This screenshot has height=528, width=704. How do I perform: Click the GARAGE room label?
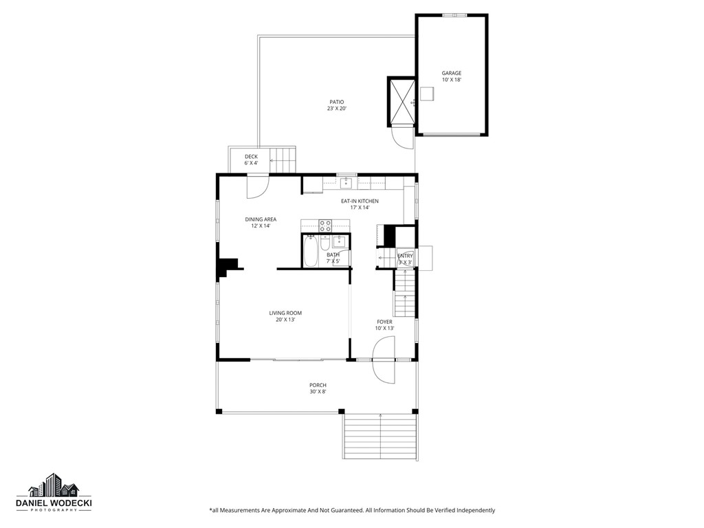pos(451,73)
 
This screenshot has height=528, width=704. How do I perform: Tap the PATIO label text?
pos(336,102)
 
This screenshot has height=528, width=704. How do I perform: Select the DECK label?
pos(251,157)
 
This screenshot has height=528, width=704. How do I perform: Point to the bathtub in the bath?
pos(311,251)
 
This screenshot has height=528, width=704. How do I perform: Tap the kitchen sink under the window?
pos(346,183)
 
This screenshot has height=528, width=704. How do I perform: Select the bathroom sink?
pos(340,241)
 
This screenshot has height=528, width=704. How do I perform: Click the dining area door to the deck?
pos(258,184)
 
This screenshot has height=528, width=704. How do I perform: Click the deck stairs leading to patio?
pos(282,159)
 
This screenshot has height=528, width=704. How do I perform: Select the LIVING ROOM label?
pos(285,313)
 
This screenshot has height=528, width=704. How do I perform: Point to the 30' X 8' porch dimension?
pos(318,392)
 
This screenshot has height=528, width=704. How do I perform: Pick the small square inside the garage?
pos(428,93)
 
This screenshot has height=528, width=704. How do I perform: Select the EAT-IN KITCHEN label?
pos(360,201)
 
